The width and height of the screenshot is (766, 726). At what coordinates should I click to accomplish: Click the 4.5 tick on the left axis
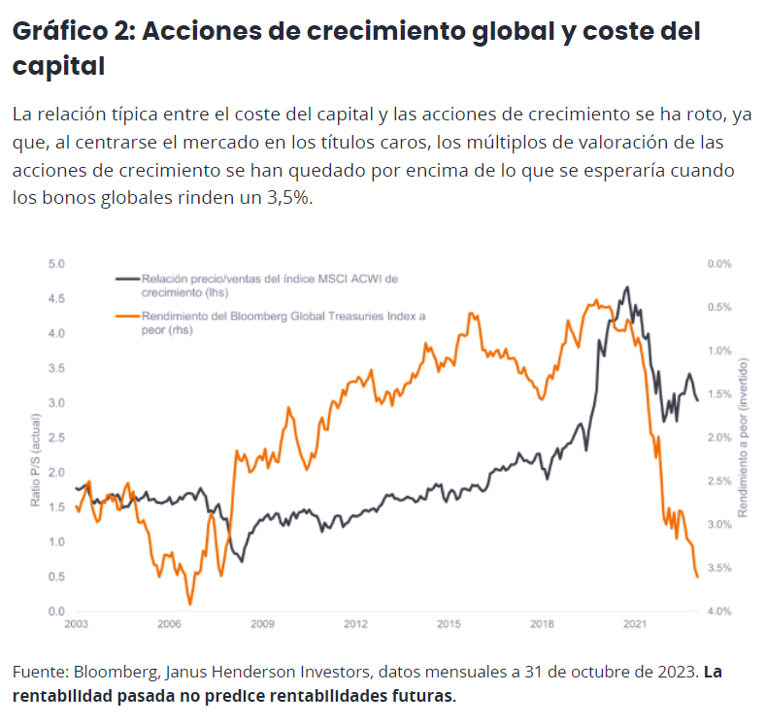(56, 298)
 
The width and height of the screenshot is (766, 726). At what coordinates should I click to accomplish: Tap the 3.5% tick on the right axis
(718, 568)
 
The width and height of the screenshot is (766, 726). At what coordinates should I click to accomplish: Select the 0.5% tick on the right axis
(718, 307)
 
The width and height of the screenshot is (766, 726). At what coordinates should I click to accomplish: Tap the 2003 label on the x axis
(77, 624)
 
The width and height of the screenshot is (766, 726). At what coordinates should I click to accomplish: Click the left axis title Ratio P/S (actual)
(35, 460)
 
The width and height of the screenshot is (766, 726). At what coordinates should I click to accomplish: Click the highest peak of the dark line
(628, 287)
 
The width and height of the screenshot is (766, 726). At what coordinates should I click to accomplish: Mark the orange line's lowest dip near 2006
(189, 603)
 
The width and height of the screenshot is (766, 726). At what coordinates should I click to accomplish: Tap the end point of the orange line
(698, 577)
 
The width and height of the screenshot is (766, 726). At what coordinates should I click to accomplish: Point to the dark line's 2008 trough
(242, 562)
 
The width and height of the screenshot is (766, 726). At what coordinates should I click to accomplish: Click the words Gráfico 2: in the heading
(72, 31)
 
